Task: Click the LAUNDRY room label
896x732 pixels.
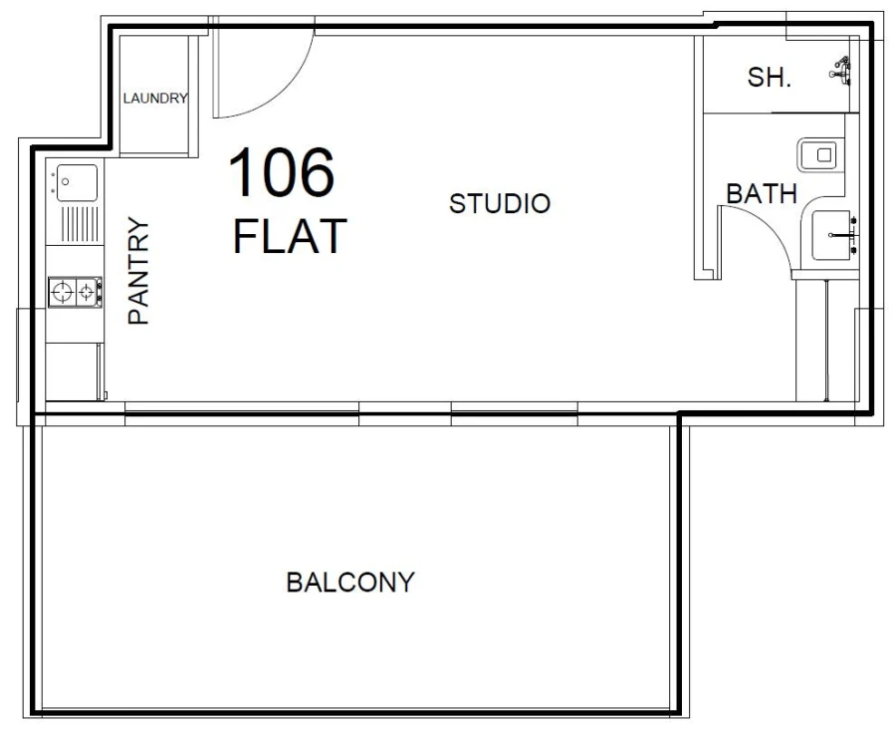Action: tap(155, 98)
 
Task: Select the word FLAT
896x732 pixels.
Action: tap(290, 236)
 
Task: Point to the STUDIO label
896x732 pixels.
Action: tap(499, 204)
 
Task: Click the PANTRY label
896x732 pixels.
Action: tap(138, 271)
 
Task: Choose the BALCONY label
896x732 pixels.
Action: tap(349, 583)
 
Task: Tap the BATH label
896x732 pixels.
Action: tap(762, 194)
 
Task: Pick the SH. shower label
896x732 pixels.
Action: tap(770, 77)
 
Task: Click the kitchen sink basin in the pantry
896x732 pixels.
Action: tap(78, 182)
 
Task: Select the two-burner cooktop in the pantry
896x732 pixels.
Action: tap(75, 292)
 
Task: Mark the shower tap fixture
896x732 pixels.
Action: tap(842, 70)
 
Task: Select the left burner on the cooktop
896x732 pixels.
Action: tap(64, 292)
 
